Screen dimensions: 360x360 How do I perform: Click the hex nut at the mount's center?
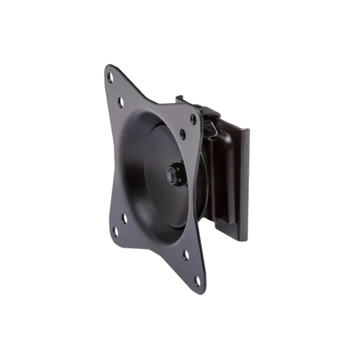(x=174, y=174)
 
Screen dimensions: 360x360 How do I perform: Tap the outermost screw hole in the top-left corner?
(x=110, y=74)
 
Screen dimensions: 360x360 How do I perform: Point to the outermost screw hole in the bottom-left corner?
(x=114, y=231)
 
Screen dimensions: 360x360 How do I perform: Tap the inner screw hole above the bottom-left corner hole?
(x=124, y=217)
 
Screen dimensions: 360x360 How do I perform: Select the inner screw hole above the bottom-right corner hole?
(x=186, y=254)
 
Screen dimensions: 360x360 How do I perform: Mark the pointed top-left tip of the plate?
(x=106, y=65)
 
